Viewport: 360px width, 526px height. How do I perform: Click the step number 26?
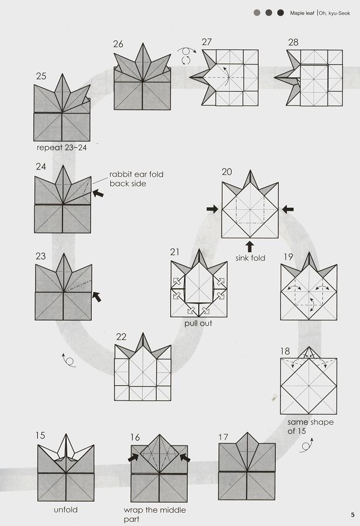(x=118, y=44)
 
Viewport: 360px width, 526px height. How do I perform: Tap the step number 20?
(x=227, y=172)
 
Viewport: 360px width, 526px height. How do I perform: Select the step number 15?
(x=40, y=435)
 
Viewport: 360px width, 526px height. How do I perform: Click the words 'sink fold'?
(x=250, y=258)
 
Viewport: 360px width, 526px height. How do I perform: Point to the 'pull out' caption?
(x=198, y=323)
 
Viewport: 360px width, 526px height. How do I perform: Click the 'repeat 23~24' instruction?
(x=62, y=148)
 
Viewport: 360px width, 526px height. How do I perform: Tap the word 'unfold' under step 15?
(x=66, y=510)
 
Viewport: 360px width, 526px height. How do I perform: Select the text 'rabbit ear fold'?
(x=136, y=174)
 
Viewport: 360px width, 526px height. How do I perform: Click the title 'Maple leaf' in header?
(x=302, y=13)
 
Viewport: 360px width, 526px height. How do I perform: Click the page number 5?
(x=353, y=515)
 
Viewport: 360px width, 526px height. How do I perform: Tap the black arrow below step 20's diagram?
(x=250, y=246)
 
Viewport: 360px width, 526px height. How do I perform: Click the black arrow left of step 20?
(x=212, y=209)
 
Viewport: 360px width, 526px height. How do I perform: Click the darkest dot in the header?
(x=280, y=13)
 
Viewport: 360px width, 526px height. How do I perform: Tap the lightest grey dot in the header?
(x=257, y=13)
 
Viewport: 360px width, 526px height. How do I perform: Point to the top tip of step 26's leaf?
(x=143, y=43)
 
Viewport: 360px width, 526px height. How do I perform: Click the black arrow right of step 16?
(x=185, y=458)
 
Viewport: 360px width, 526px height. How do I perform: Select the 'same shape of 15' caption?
(x=310, y=426)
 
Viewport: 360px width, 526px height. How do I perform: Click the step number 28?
(x=293, y=42)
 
